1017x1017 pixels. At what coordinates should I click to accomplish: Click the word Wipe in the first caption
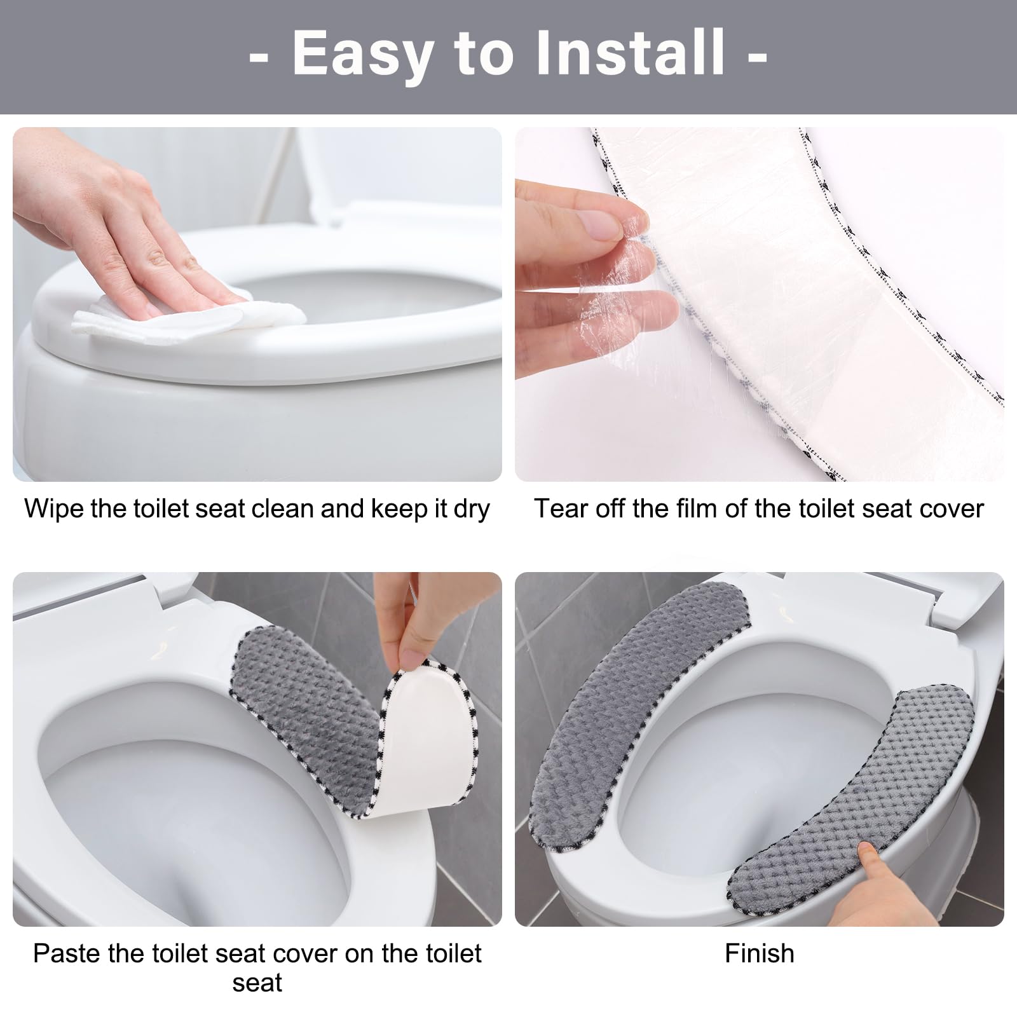pos(55,508)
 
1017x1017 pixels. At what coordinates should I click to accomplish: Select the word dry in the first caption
pos(471,510)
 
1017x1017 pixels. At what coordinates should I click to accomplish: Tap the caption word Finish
pos(760,953)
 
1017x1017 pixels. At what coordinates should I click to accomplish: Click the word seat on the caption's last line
pos(257,983)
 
